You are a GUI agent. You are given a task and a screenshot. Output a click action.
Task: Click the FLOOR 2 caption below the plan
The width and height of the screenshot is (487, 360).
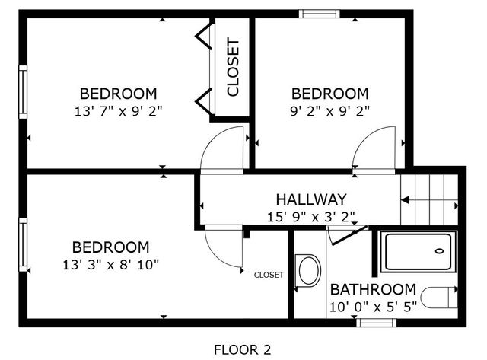point(242,350)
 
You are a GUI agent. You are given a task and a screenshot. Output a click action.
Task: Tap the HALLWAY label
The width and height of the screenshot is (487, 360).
point(310,199)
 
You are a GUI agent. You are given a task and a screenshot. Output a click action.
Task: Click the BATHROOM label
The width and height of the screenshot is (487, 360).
point(373,290)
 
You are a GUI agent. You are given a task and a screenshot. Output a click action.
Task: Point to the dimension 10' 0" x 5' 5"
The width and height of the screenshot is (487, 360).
point(372,307)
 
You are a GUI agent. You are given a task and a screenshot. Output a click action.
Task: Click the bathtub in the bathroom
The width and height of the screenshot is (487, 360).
point(418,253)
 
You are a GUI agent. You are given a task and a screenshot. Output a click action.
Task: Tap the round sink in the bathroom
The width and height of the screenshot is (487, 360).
point(308,270)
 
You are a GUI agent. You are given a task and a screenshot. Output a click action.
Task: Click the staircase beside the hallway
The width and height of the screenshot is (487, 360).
point(431,199)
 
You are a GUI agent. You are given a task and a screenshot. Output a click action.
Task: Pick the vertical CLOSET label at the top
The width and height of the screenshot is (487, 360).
point(233,67)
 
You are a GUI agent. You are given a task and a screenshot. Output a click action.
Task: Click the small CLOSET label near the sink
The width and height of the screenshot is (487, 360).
point(269,275)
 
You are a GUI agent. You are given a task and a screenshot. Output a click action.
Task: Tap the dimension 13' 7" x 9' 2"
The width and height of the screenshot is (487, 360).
point(119,111)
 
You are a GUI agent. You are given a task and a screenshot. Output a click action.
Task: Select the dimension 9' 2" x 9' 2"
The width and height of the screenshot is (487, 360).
point(330,111)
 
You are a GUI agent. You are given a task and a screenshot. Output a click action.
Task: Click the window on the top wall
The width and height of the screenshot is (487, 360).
point(319,13)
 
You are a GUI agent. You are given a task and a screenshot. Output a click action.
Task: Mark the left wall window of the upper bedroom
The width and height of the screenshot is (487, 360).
point(23,92)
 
